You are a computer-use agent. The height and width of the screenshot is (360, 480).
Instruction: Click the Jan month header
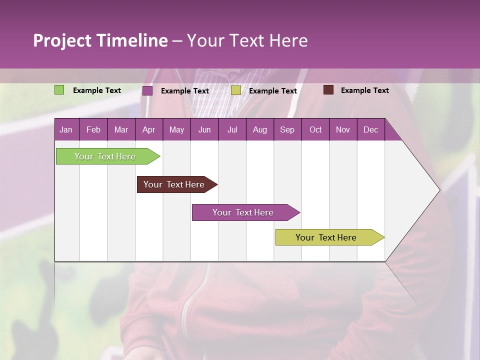66,130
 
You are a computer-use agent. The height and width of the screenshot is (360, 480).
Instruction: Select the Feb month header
93,130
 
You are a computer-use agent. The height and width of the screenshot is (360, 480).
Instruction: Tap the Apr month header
148,130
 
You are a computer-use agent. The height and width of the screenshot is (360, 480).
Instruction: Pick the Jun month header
204,130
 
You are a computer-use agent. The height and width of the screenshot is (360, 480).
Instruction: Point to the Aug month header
259,130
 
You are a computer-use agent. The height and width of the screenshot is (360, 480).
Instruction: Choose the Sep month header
287,130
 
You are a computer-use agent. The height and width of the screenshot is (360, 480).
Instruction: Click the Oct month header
315,130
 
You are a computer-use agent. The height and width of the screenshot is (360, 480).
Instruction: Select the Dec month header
370,130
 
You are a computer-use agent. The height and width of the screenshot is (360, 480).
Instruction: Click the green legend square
59,90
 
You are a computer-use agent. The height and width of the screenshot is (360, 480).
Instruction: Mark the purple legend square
147,90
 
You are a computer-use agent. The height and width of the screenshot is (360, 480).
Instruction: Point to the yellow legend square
236,90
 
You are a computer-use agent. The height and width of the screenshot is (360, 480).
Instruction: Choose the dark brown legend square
328,90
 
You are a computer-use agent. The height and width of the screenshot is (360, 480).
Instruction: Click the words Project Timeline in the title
100,40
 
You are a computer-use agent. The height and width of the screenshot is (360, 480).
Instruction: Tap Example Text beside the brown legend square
364,90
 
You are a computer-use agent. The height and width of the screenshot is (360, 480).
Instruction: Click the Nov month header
343,130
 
